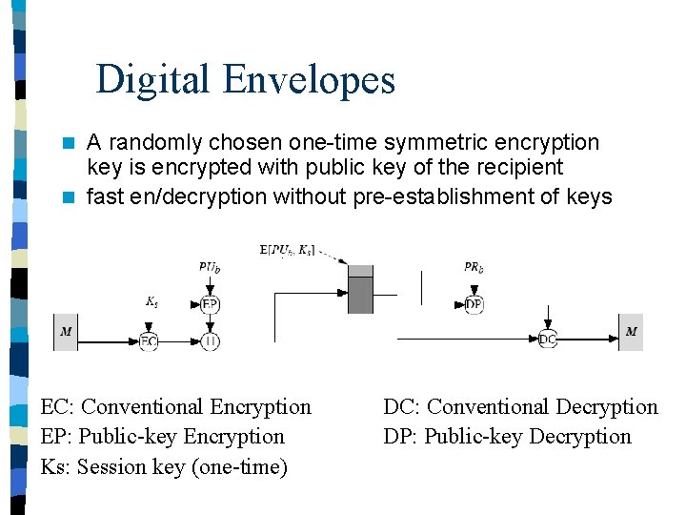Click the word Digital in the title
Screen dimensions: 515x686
click(153, 80)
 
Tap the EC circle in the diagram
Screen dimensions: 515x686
click(149, 340)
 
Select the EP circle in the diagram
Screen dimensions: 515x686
click(211, 305)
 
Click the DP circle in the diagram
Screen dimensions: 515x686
click(474, 305)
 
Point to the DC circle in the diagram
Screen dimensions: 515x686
click(548, 340)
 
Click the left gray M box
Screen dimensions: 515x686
click(66, 332)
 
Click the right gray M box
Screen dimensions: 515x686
click(631, 332)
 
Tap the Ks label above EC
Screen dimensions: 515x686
click(151, 301)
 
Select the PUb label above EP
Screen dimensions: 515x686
click(211, 268)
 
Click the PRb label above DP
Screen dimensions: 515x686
click(474, 268)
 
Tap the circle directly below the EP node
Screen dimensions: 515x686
click(211, 340)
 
